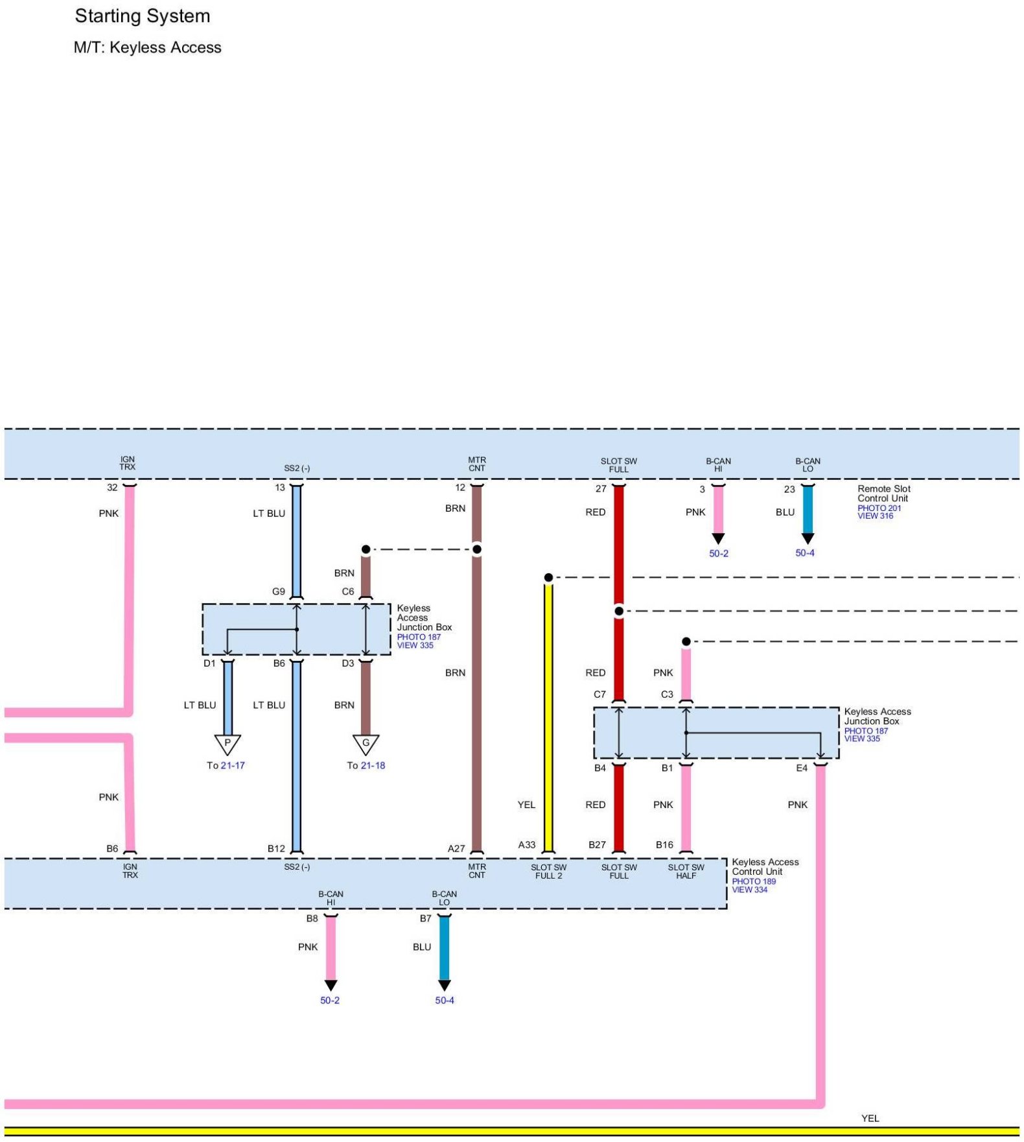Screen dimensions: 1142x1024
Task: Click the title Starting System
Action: click(x=143, y=16)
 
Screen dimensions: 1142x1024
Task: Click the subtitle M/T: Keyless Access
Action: click(x=147, y=47)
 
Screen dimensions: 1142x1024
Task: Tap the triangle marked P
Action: click(x=227, y=744)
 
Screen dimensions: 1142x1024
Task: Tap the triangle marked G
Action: click(x=366, y=744)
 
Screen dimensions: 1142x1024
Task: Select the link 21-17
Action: click(x=233, y=765)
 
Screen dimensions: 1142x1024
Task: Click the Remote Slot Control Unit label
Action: click(x=883, y=494)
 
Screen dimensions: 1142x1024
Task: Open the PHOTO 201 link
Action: click(x=879, y=508)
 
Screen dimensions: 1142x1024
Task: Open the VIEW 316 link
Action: click(x=875, y=516)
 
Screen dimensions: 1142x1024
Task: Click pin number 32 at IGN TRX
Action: click(x=112, y=488)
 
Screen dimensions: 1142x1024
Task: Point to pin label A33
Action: click(x=527, y=844)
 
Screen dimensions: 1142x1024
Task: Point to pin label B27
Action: click(x=597, y=844)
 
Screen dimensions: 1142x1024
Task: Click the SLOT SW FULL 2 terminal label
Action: click(x=548, y=872)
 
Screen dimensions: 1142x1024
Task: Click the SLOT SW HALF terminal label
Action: click(x=686, y=872)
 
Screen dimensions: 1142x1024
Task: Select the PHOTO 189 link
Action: click(x=754, y=881)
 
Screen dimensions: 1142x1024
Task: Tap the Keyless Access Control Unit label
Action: click(x=765, y=866)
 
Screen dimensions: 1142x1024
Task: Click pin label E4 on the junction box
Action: click(x=802, y=768)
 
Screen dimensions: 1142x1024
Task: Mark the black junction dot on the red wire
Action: click(x=619, y=611)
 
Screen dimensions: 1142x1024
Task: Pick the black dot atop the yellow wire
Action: click(x=548, y=577)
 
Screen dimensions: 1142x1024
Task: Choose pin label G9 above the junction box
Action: click(x=278, y=591)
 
